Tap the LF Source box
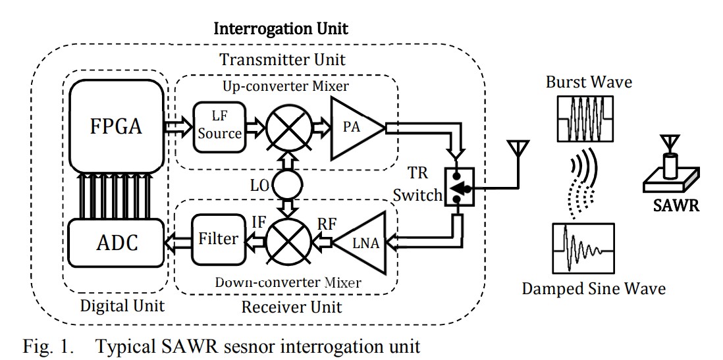click(x=218, y=125)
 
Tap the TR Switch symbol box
click(x=459, y=188)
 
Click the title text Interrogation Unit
click(x=281, y=29)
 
